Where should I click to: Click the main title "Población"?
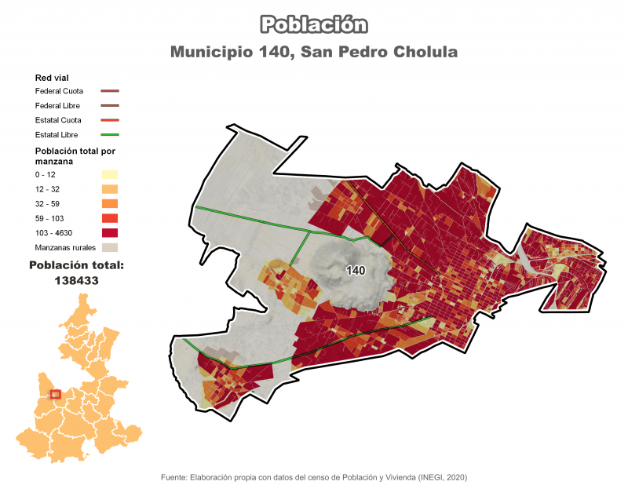(x=314, y=24)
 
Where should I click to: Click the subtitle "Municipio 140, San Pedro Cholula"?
(x=314, y=53)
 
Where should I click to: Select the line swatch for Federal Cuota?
(x=109, y=91)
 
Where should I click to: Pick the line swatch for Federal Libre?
(x=109, y=106)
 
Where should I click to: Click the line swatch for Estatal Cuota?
(x=109, y=120)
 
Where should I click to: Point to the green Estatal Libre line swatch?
(x=109, y=135)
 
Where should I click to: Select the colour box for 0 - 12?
(x=109, y=174)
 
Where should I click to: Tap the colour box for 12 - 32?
(x=109, y=189)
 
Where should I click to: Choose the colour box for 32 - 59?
(x=109, y=203)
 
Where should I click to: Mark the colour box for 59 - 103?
(x=109, y=218)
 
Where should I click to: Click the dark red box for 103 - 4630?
(x=109, y=232)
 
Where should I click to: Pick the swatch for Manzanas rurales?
(x=109, y=247)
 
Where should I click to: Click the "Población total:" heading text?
(x=76, y=266)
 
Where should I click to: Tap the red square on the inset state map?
(x=55, y=394)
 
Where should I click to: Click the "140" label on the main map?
(x=356, y=271)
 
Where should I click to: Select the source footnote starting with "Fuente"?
(x=314, y=477)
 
